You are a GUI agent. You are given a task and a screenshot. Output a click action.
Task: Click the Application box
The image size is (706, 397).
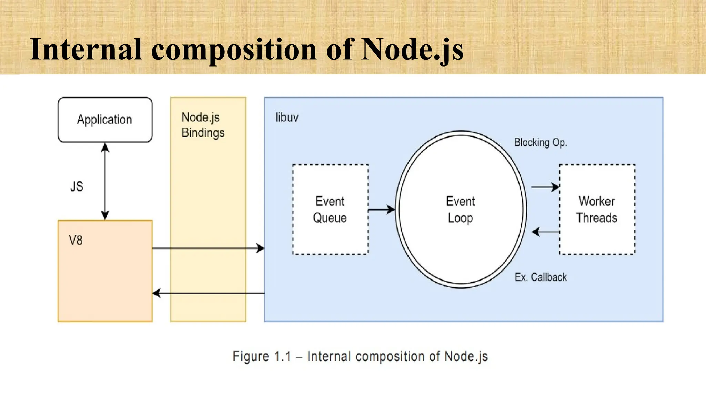[105, 120]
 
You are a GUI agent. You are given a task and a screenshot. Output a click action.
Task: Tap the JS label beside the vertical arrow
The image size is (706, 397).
[77, 186]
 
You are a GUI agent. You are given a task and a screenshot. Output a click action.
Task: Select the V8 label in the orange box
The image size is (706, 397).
[75, 240]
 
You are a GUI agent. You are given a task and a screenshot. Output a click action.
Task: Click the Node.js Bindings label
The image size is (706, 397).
[203, 125]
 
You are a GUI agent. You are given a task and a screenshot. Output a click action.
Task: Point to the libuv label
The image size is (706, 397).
[286, 118]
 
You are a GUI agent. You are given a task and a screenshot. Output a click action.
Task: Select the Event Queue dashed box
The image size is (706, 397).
[330, 210]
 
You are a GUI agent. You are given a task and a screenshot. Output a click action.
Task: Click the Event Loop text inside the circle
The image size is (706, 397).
[461, 210]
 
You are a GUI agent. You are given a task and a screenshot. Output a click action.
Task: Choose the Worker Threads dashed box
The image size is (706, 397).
[597, 210]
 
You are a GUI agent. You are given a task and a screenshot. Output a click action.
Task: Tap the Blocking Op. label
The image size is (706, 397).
[540, 142]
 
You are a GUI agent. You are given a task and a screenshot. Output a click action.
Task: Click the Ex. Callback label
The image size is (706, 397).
[540, 277]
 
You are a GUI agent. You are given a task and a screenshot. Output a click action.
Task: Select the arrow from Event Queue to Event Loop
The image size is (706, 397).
[381, 210]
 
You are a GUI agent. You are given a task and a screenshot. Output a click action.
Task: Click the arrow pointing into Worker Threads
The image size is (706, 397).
[545, 187]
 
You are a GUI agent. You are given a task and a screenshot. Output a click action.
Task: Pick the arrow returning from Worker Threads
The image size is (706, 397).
[545, 232]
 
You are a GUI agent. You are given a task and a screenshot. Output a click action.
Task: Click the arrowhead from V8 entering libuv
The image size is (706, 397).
[260, 248]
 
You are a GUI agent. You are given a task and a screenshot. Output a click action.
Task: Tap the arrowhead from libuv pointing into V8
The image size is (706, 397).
[157, 293]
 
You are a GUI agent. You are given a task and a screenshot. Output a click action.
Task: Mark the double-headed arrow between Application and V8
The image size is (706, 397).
[105, 181]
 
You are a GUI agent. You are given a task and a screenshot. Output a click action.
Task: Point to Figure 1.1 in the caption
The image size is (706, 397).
[262, 356]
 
